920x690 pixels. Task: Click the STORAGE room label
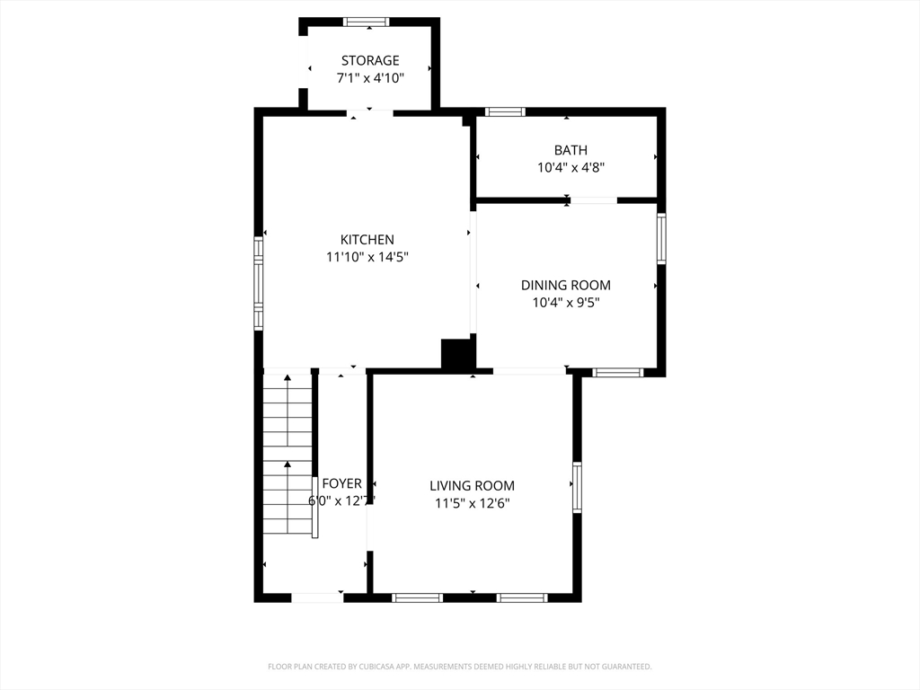click(370, 60)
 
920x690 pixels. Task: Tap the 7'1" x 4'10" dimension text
click(370, 78)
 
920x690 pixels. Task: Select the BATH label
click(571, 150)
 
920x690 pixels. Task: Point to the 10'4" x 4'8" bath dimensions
click(571, 168)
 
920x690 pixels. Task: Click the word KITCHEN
click(367, 239)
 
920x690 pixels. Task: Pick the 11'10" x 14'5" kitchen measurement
click(367, 257)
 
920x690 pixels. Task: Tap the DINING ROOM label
click(566, 285)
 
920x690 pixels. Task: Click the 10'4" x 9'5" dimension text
click(566, 303)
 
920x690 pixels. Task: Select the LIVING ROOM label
click(473, 486)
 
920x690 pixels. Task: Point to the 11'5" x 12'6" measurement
click(473, 503)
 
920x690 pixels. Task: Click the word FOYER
click(342, 483)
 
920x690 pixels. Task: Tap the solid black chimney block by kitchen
click(457, 354)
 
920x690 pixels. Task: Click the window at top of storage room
click(367, 22)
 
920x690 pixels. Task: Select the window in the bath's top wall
click(505, 112)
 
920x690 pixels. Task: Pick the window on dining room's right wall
click(661, 239)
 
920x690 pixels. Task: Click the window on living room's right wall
click(578, 487)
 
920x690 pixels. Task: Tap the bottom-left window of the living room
click(417, 597)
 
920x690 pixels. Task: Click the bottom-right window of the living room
click(522, 597)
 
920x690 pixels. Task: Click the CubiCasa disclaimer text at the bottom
click(460, 667)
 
